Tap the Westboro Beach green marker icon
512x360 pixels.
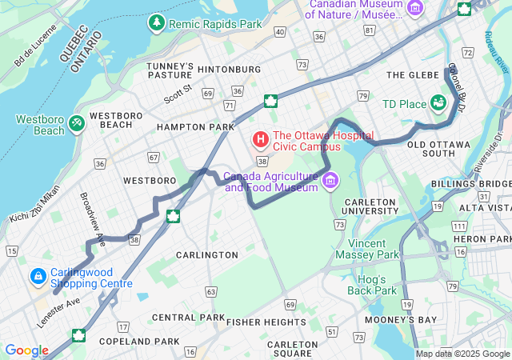(77, 123)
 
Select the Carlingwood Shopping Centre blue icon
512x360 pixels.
(38, 277)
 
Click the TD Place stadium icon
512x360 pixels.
(438, 103)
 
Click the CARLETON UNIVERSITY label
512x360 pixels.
(370, 206)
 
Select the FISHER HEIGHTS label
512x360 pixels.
(266, 322)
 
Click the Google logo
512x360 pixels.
(26, 350)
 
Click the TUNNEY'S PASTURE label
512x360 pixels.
(170, 70)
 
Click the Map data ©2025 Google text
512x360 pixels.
(462, 354)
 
